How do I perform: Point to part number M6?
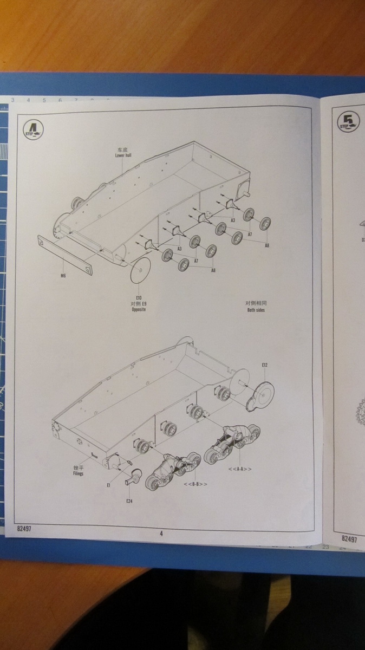tap(63, 275)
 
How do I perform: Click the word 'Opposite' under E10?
tap(139, 309)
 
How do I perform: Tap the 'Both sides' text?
tap(255, 310)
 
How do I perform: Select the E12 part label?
tap(264, 365)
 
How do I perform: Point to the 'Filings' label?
tap(78, 473)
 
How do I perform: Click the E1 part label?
tap(109, 486)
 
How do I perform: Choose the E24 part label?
tap(129, 501)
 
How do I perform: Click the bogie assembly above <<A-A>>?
tap(232, 441)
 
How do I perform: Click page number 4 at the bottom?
tap(161, 533)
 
